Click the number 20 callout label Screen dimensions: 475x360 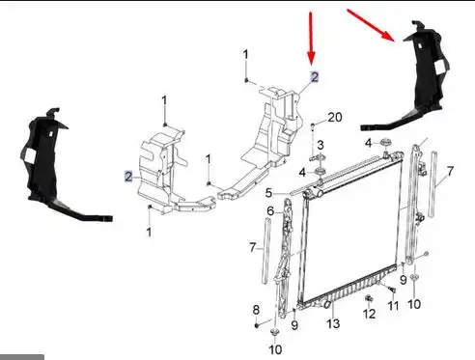point(335,117)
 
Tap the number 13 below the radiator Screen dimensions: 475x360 point(333,323)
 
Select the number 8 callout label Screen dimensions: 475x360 point(256,310)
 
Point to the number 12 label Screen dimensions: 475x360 point(369,314)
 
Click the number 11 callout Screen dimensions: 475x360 point(393,306)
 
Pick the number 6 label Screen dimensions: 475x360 point(270,211)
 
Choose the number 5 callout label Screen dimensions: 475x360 point(268,193)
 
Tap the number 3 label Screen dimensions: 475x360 point(321,145)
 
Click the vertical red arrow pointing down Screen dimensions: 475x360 point(311,38)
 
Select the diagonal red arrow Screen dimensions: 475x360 point(371,25)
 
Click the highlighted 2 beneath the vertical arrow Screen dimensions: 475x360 point(314,77)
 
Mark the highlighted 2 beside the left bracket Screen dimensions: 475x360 point(128,177)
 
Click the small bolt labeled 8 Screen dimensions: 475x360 point(257,325)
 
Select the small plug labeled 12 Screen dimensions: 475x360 point(369,298)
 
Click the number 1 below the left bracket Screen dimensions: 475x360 point(149,232)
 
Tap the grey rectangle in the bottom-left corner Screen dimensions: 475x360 point(22,357)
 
